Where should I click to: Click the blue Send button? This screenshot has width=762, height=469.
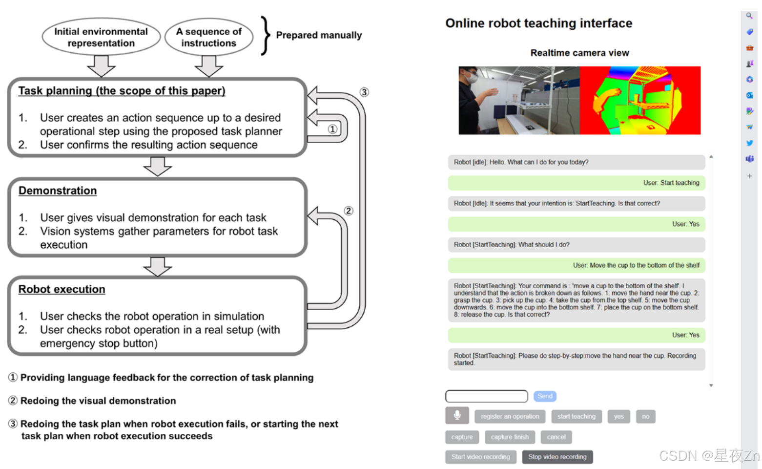[545, 396]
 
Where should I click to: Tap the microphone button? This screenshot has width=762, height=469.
[457, 416]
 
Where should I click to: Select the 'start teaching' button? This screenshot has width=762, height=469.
[576, 416]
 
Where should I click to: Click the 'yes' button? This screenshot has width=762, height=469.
[618, 416]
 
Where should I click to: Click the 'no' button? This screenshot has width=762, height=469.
[645, 416]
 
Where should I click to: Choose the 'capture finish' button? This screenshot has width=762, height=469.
[510, 437]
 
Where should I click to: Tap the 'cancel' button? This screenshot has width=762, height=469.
[556, 437]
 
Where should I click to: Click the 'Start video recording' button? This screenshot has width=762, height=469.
[480, 457]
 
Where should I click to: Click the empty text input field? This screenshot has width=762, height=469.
[486, 396]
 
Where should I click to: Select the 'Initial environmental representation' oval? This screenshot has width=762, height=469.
[101, 37]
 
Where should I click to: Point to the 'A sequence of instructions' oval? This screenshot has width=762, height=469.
[208, 37]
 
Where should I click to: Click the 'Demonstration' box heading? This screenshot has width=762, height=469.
[58, 191]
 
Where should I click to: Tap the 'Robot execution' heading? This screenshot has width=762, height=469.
[62, 289]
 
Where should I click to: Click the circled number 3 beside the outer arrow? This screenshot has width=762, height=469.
[364, 92]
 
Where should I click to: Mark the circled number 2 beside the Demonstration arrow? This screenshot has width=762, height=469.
[348, 211]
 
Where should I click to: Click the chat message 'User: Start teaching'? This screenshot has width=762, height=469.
[576, 183]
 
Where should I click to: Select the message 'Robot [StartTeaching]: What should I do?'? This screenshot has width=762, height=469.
[576, 245]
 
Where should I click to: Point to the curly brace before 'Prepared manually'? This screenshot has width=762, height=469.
[265, 35]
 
